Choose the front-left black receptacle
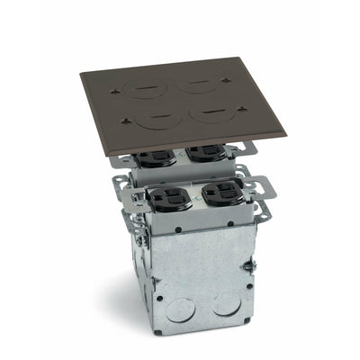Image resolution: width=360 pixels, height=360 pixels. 169,195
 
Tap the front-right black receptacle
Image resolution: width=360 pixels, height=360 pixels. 221,193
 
